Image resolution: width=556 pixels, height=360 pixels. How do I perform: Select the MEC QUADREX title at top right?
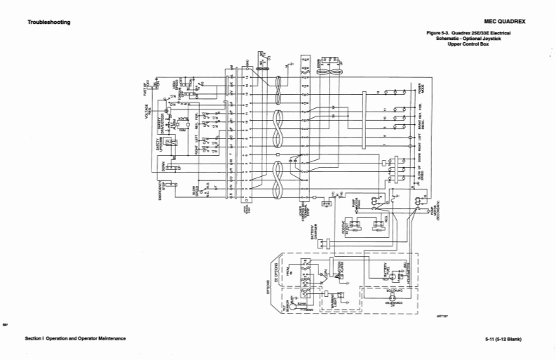[x=505, y=22]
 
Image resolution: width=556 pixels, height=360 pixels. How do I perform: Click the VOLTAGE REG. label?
[x=147, y=111]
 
